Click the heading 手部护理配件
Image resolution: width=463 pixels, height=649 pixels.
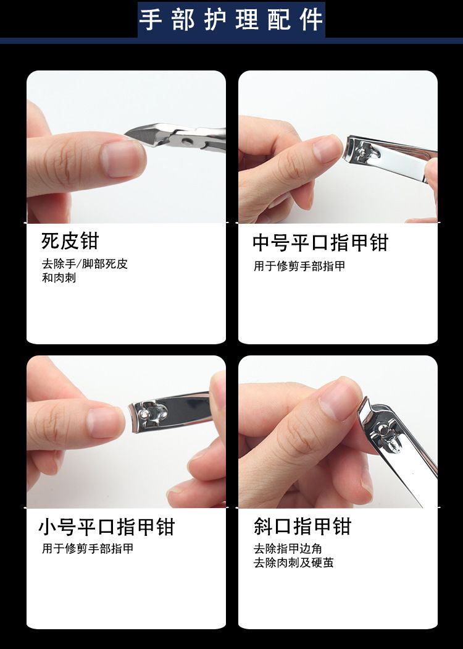pyautogui.click(x=231, y=19)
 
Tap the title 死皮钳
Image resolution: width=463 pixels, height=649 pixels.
pyautogui.click(x=70, y=241)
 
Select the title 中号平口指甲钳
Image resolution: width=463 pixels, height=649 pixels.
pyautogui.click(x=320, y=242)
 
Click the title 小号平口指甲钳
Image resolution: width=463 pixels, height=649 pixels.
pyautogui.click(x=107, y=527)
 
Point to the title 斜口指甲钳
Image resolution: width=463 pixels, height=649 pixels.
pyautogui.click(x=302, y=527)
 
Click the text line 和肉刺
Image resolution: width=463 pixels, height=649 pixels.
pyautogui.click(x=59, y=278)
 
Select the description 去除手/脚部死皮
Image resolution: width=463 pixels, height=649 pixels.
pyautogui.click(x=85, y=264)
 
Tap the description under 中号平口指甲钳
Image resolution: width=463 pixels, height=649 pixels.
pyautogui.click(x=299, y=266)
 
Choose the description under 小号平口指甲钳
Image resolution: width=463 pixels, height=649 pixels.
pyautogui.click(x=88, y=549)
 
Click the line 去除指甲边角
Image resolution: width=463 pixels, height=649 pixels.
pyautogui.click(x=288, y=549)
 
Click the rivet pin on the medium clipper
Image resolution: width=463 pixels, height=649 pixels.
pyautogui.click(x=362, y=152)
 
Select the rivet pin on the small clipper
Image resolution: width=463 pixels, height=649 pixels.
pyautogui.click(x=143, y=414)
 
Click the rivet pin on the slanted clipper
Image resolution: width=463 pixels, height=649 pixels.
pyautogui.click(x=384, y=430)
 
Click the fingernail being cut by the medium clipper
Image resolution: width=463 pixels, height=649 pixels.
pyautogui.click(x=327, y=148)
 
